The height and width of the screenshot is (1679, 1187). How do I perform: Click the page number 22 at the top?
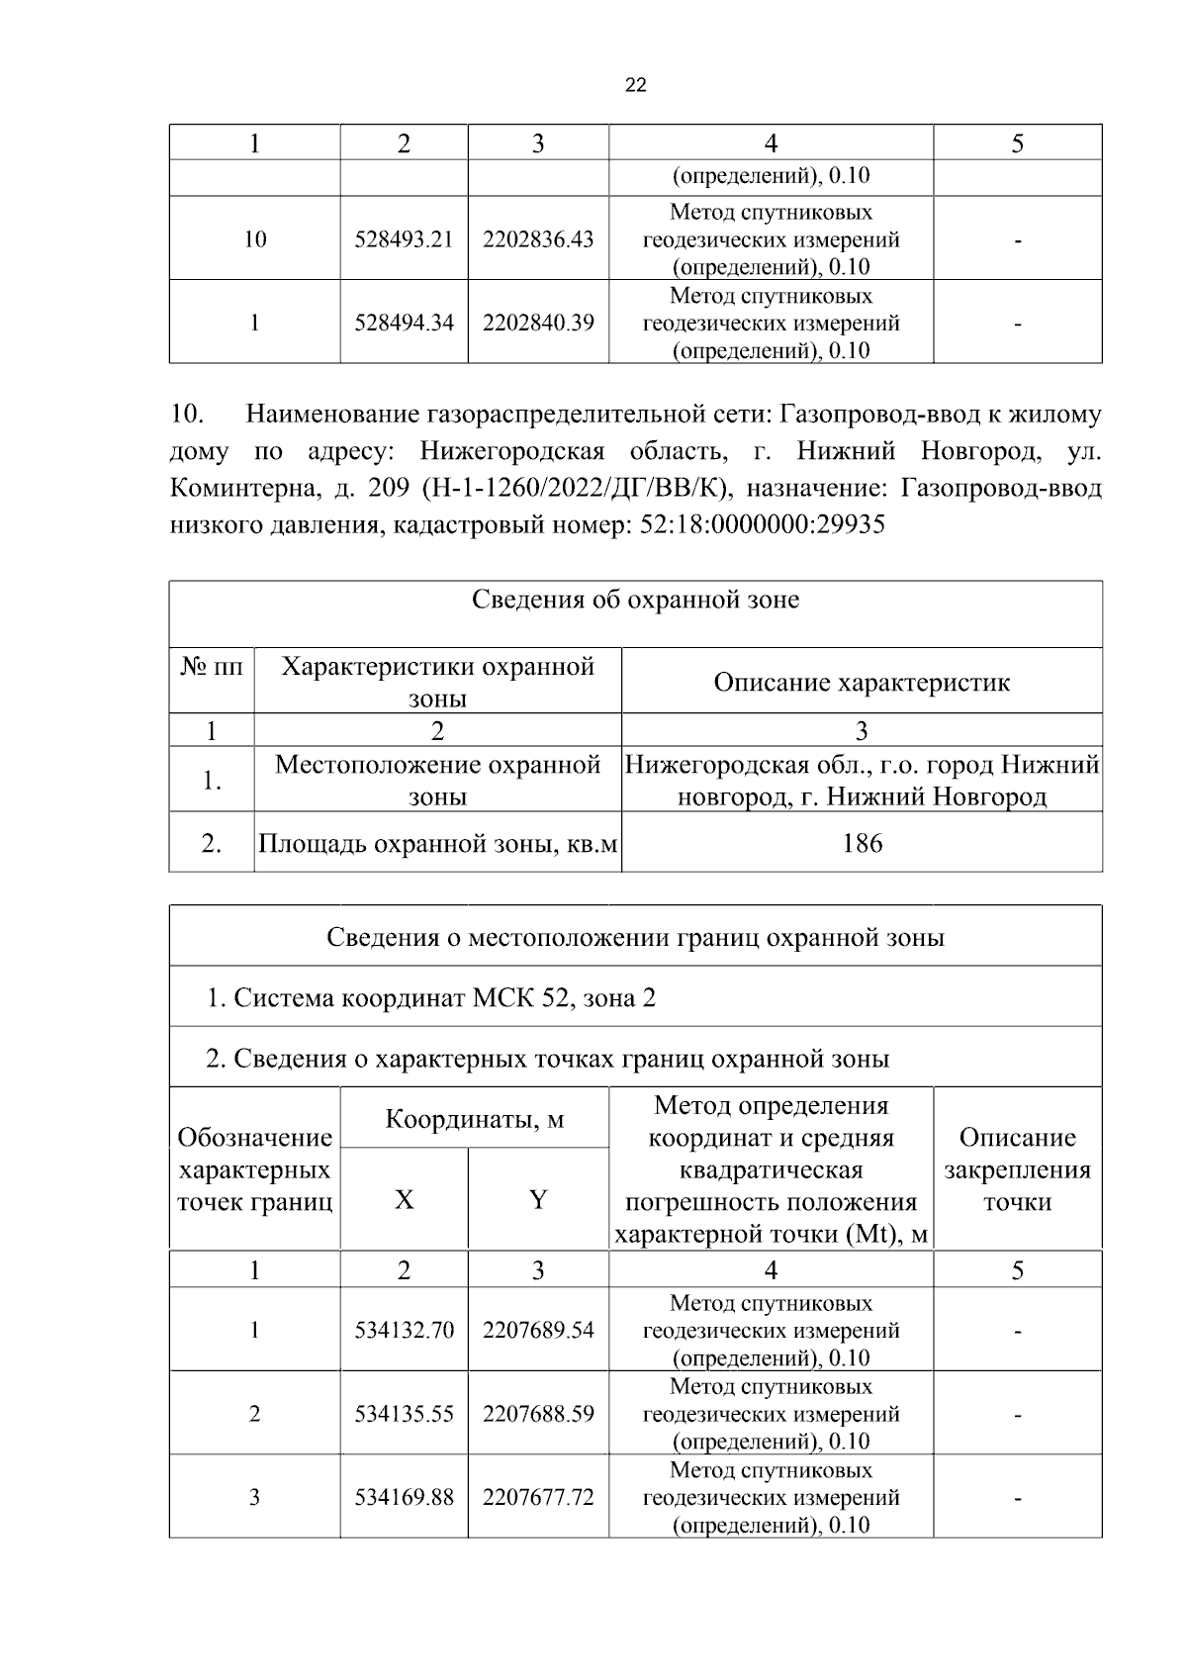point(636,86)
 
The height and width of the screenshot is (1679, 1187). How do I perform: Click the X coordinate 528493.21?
point(404,239)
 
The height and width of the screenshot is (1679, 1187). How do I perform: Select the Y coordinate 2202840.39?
point(538,323)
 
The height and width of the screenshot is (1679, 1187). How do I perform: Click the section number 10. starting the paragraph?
point(187,415)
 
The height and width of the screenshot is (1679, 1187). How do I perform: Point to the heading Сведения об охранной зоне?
point(635,600)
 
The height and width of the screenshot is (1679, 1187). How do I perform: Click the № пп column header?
point(211,666)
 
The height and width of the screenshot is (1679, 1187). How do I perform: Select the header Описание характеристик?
point(862,682)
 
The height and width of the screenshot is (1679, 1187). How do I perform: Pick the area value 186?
point(862,843)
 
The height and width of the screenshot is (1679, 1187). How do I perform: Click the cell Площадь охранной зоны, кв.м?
point(437,844)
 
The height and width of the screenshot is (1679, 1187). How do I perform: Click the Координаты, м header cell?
point(474,1119)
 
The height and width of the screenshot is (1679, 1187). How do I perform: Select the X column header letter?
point(404,1200)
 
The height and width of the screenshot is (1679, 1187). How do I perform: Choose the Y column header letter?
point(538,1200)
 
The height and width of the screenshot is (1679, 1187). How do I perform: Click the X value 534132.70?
point(404,1331)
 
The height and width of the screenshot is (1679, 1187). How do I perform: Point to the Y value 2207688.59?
point(538,1414)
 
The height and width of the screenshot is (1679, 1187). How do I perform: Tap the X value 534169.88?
point(404,1497)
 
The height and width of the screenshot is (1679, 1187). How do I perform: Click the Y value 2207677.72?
point(538,1497)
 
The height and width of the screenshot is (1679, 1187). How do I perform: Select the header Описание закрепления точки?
point(1017,1169)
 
